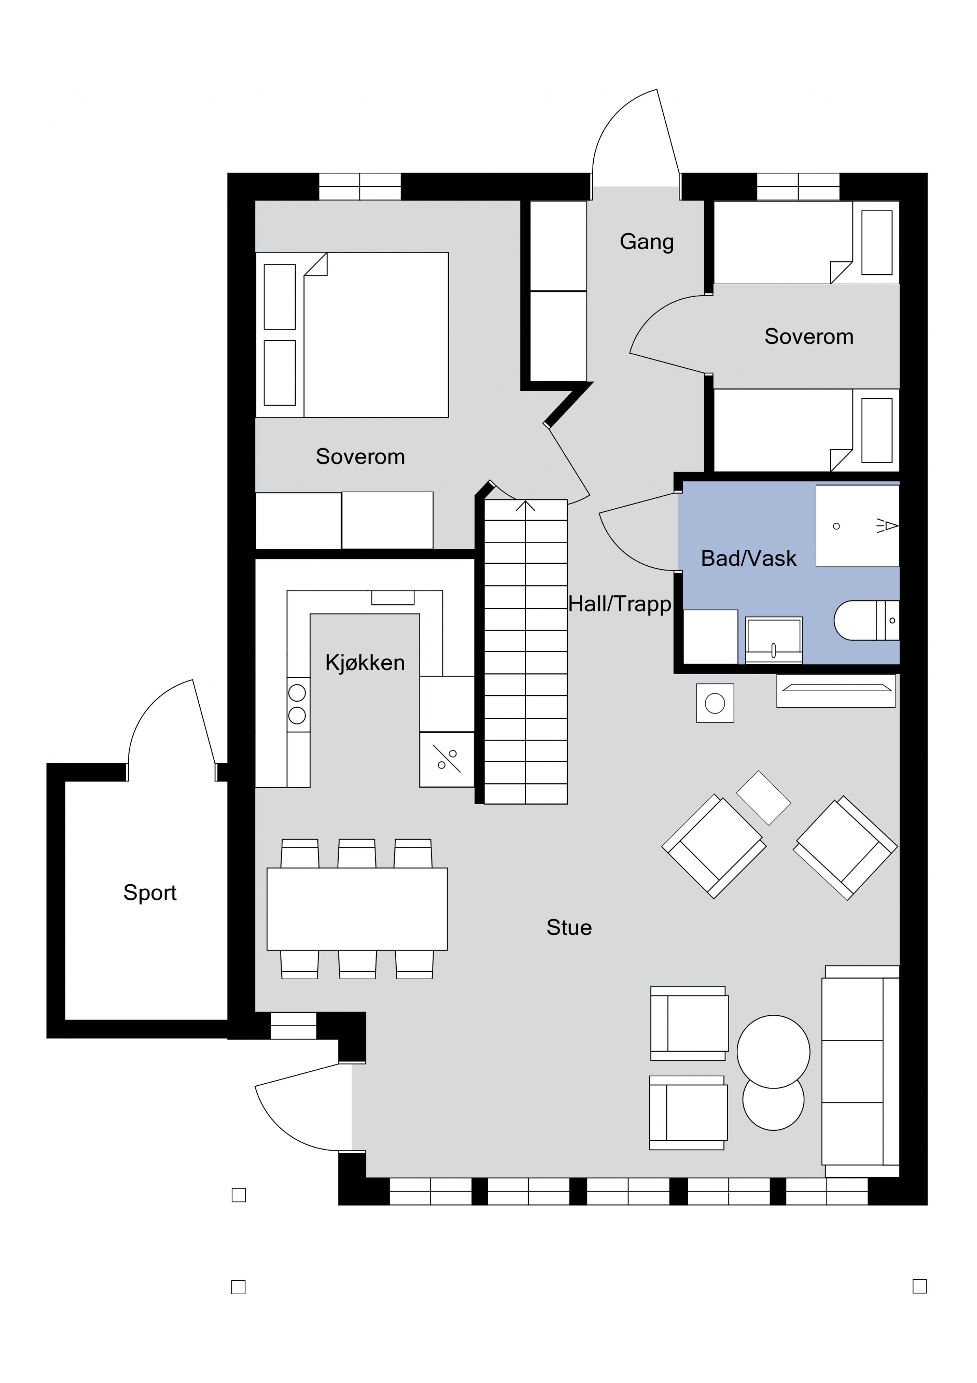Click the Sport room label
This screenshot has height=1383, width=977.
coord(150,893)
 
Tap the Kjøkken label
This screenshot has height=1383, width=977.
coord(365,663)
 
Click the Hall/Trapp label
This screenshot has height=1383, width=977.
coord(619,604)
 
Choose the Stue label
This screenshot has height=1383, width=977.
coord(569,928)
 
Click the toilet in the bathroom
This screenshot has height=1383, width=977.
coord(866,621)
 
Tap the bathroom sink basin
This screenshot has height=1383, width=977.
coord(774,640)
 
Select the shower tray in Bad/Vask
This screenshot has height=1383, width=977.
coord(857,526)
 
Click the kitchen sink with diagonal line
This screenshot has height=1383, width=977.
coord(447,760)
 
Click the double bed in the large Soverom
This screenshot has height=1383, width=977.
coord(352,335)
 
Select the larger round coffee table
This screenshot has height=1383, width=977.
coord(774,1052)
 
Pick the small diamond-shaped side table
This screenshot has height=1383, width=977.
coord(763,798)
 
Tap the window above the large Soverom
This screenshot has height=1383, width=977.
coord(359,186)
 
